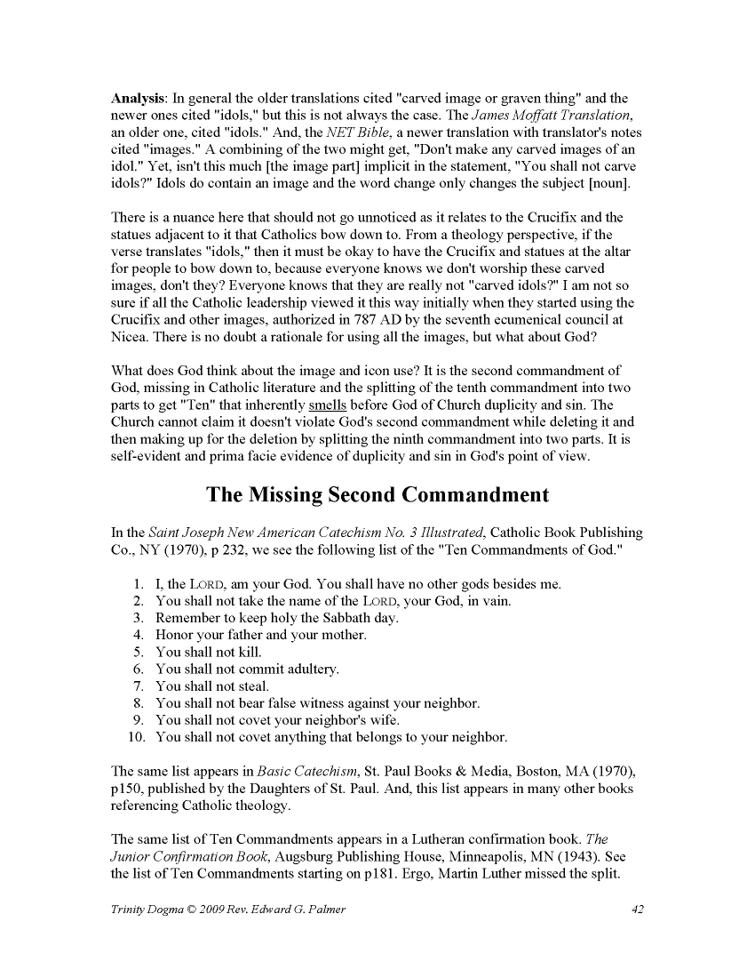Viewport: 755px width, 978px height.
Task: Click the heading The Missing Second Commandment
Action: point(377,494)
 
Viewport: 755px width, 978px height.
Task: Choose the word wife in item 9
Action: point(385,720)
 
